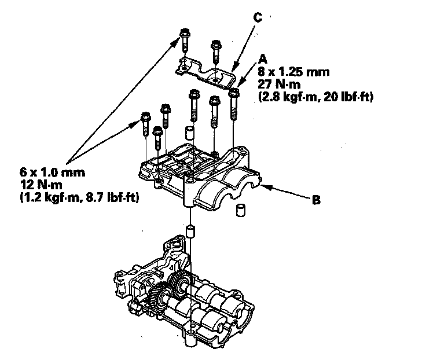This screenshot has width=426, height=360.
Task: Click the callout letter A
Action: coord(263,60)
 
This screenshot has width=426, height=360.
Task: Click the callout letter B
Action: coord(316,201)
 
